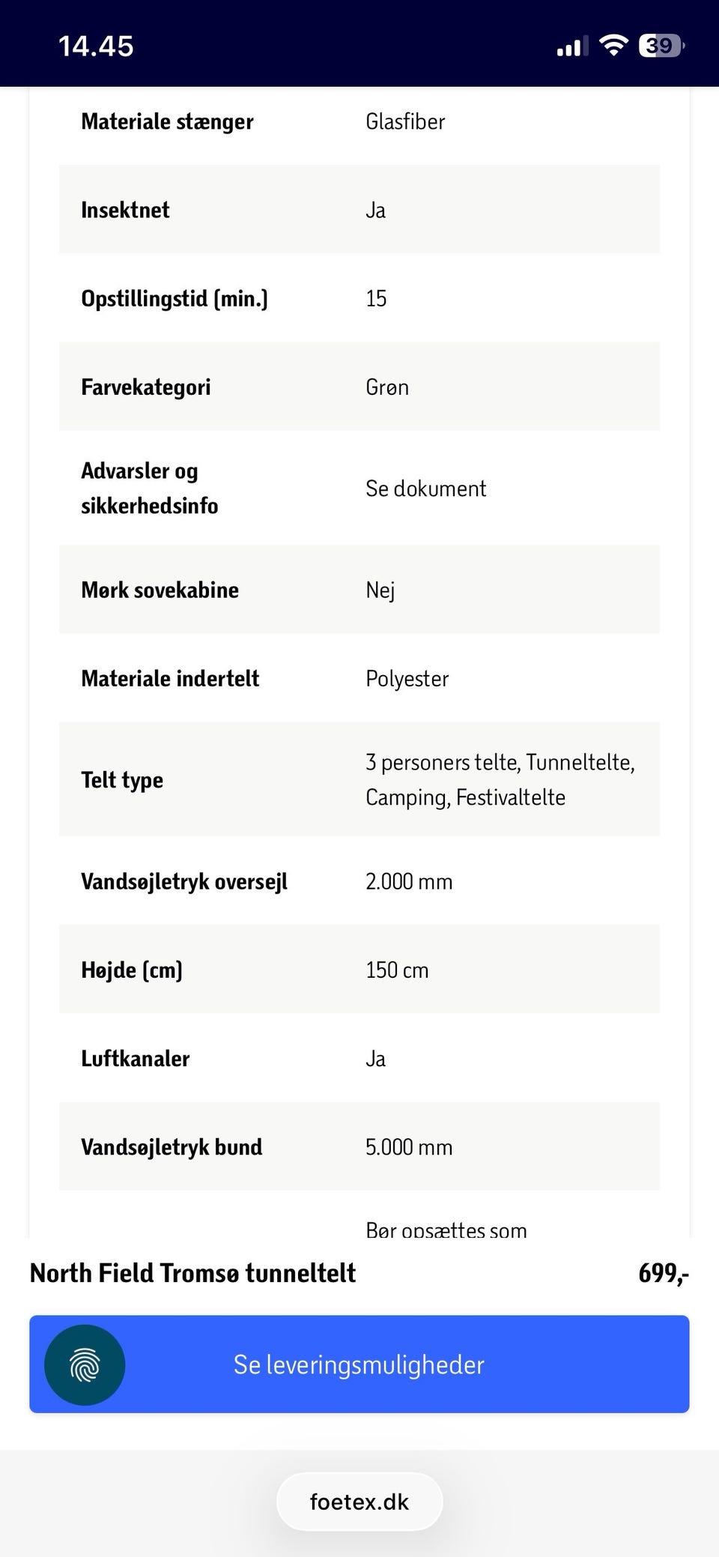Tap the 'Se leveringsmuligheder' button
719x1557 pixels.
(359, 1364)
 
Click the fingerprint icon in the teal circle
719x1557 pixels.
(85, 1364)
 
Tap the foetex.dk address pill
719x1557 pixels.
(359, 1502)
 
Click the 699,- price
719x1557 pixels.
(663, 1273)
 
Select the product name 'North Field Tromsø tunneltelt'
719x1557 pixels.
(192, 1273)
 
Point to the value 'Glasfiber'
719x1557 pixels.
(405, 121)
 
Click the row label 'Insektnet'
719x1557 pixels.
(125, 210)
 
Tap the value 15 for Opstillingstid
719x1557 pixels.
(376, 298)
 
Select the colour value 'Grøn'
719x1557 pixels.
(387, 387)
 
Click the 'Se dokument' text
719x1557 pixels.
(425, 489)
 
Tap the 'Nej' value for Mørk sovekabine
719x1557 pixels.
(380, 590)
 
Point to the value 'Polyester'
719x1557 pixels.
(407, 678)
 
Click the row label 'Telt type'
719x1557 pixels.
(122, 779)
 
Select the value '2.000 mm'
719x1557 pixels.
(409, 881)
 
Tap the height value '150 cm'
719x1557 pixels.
(397, 970)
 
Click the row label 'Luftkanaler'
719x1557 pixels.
(136, 1058)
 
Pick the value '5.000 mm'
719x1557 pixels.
(409, 1146)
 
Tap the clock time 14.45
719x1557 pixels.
(96, 46)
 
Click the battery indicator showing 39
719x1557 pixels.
(661, 46)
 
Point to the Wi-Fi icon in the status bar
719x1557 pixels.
(613, 46)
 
